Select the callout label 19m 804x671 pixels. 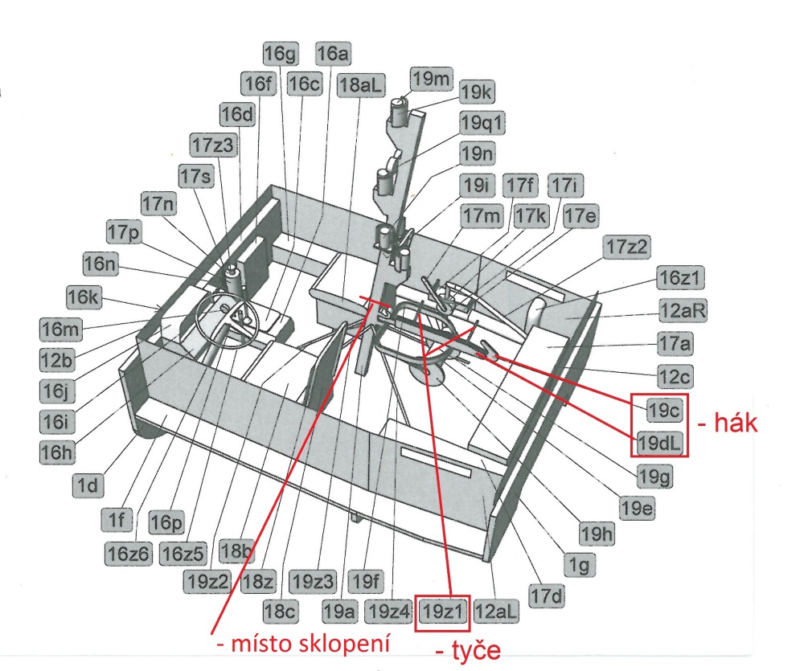431,79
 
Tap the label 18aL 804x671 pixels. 360,85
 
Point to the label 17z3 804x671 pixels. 213,145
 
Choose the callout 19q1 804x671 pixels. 482,123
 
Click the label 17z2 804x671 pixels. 626,247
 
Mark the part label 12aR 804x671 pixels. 683,311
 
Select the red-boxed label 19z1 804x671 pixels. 442,612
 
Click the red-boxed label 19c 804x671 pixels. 665,410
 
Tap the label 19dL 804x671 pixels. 659,442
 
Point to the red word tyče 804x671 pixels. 475,650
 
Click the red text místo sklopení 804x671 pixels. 310,643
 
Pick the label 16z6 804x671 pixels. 129,554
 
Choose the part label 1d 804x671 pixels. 88,485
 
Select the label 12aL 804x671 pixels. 496,612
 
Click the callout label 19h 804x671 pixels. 597,534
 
